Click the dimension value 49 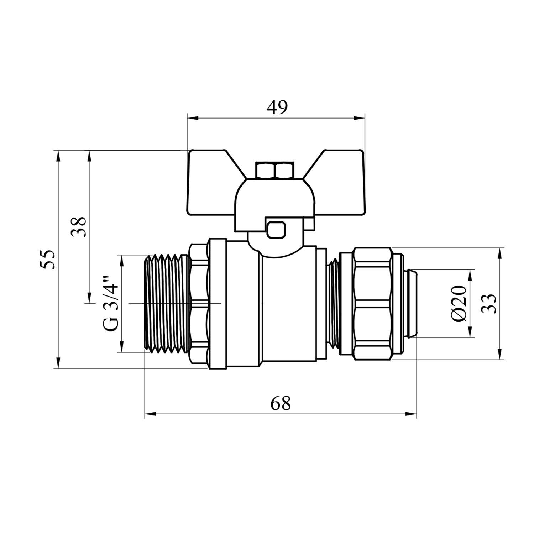(x=277, y=108)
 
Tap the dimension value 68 (x=281, y=403)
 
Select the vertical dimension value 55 (x=48, y=259)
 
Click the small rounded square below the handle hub (x=277, y=229)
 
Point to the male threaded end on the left (x=167, y=304)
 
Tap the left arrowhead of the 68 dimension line (x=150, y=414)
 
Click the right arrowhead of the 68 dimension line (x=411, y=414)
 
